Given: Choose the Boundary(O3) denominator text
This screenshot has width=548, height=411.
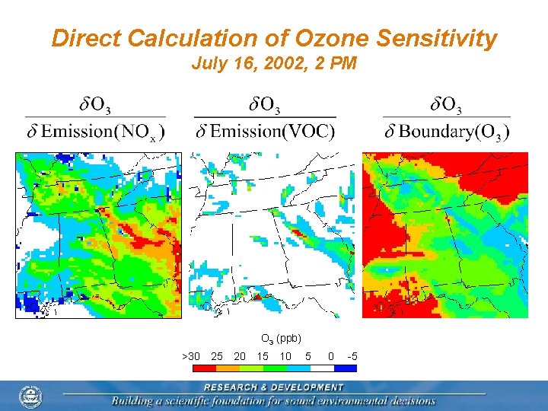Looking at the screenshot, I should pos(454,132).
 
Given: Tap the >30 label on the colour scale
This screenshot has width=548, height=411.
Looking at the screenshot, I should pos(191,356).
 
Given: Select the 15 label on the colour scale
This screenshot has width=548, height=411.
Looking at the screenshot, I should pos(263,356).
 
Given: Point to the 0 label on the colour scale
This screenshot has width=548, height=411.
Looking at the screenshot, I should pos(330,356).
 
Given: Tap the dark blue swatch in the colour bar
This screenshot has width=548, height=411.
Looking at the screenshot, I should pos(346,368).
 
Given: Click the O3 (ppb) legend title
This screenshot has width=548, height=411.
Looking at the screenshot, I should pos(281,339).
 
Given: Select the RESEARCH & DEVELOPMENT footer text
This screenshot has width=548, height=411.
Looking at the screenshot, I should pos(273,387).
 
